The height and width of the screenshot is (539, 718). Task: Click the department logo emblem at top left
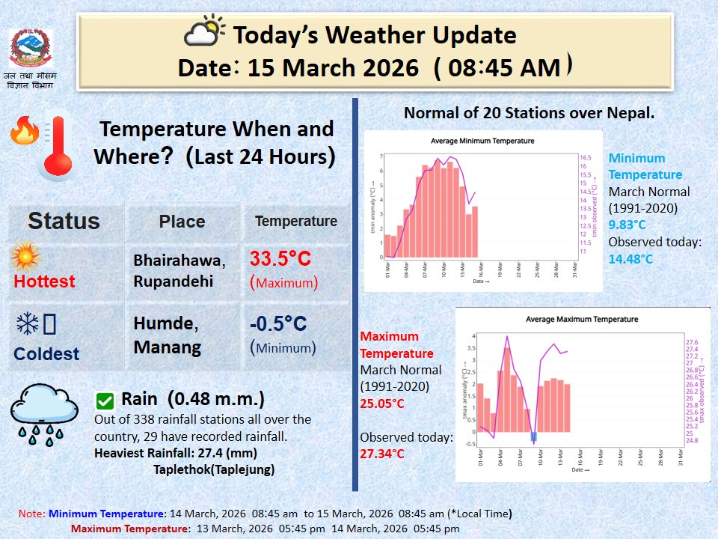point(31,49)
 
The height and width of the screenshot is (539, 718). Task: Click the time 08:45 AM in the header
point(503,67)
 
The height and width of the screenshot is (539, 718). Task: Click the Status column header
point(64,221)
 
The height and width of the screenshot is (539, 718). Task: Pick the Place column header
point(182,222)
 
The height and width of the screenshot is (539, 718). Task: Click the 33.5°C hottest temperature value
point(280,260)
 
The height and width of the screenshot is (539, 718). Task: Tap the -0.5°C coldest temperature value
point(278,323)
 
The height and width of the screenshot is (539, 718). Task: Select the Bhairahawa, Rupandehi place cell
point(179,271)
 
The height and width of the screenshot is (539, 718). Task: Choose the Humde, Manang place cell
point(166,335)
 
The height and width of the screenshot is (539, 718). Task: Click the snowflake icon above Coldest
point(28,324)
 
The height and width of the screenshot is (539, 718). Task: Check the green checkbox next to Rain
point(105,400)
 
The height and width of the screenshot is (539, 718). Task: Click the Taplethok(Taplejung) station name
point(213,469)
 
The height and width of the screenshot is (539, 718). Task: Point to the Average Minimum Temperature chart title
point(482,141)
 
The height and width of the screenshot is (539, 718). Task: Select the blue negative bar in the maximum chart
point(533,437)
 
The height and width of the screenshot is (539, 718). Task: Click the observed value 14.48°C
point(630,259)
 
